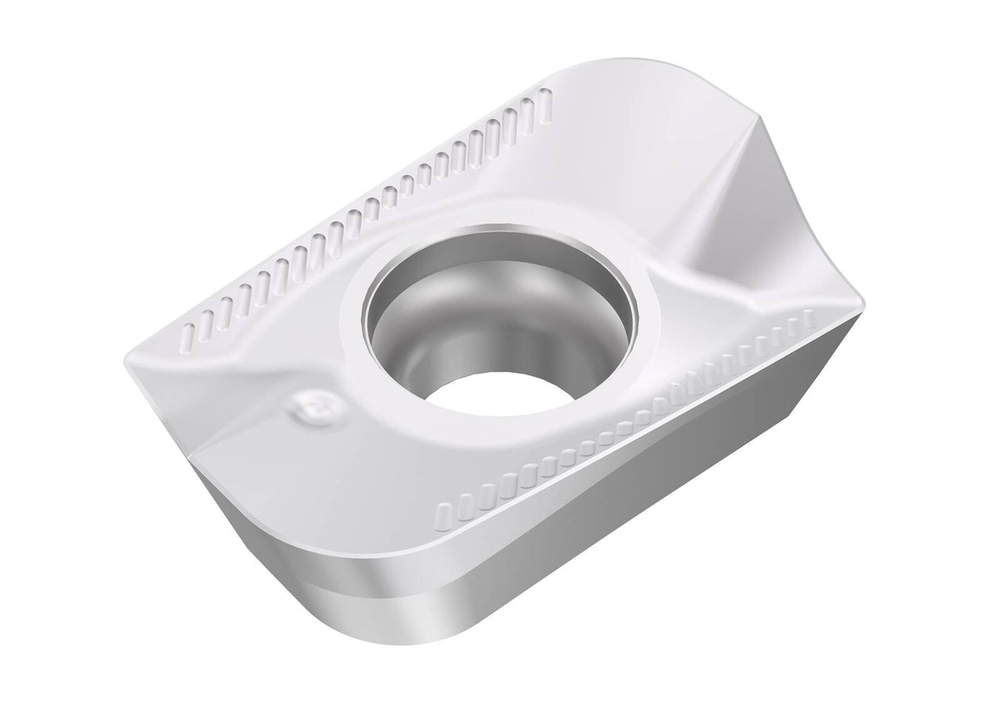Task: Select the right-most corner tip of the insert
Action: coord(865,304)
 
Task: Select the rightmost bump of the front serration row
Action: coord(808,319)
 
